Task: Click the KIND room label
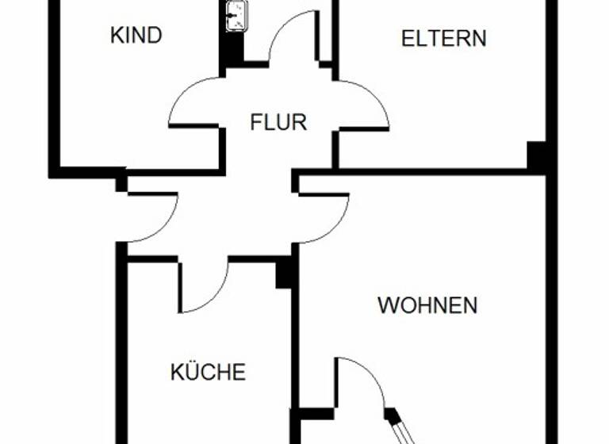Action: click(136, 36)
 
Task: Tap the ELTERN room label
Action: click(444, 38)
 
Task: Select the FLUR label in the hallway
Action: click(278, 123)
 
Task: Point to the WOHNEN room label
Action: click(427, 305)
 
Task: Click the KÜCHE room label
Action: click(209, 372)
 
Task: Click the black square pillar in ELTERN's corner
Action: click(538, 155)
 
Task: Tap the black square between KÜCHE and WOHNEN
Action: click(286, 274)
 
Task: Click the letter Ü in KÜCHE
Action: click(190, 371)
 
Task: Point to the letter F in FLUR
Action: click(255, 123)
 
